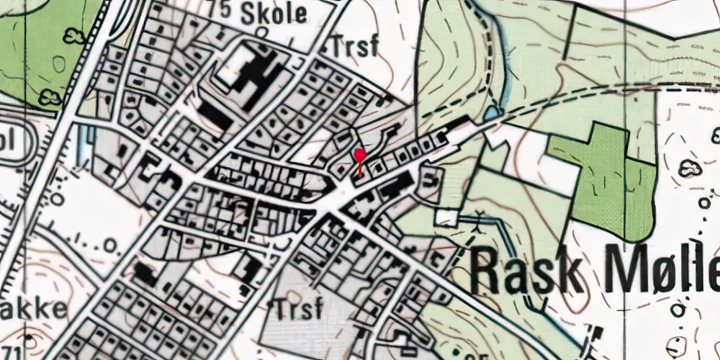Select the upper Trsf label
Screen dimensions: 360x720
coord(356,47)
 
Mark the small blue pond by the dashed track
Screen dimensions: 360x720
coord(492,112)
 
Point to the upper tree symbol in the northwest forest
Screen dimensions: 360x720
coord(73,35)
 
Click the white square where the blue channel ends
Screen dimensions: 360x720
coord(446,217)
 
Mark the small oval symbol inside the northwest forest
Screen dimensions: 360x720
coord(59,64)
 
